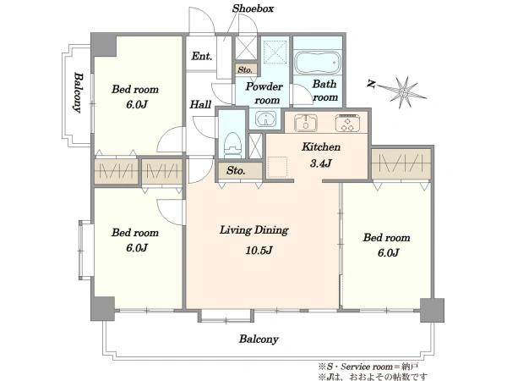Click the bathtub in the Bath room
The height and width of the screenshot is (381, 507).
click(x=318, y=62)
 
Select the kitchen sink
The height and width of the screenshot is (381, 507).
click(x=306, y=123)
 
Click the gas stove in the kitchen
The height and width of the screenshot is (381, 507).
click(x=348, y=123)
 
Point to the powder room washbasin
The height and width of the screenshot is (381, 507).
click(x=266, y=119)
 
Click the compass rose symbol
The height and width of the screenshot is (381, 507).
click(x=401, y=92)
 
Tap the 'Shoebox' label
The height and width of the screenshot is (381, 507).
click(x=253, y=8)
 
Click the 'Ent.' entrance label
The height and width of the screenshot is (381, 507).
click(x=202, y=57)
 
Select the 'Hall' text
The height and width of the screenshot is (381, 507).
click(x=200, y=104)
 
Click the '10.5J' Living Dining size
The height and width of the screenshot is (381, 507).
click(x=259, y=251)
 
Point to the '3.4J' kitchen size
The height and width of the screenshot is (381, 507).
click(x=321, y=163)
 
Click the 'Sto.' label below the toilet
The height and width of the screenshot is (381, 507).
click(x=236, y=170)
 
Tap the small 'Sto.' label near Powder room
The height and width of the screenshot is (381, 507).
click(x=245, y=69)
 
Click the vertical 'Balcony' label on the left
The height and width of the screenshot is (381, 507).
click(x=79, y=92)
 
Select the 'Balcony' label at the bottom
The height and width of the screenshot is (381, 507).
click(x=259, y=340)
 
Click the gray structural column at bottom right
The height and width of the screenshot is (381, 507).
click(x=432, y=310)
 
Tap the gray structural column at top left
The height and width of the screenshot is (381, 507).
click(x=103, y=44)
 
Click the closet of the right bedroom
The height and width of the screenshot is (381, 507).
click(x=401, y=163)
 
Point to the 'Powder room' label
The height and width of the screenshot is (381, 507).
click(x=264, y=93)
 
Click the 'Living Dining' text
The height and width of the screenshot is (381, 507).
click(x=253, y=230)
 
